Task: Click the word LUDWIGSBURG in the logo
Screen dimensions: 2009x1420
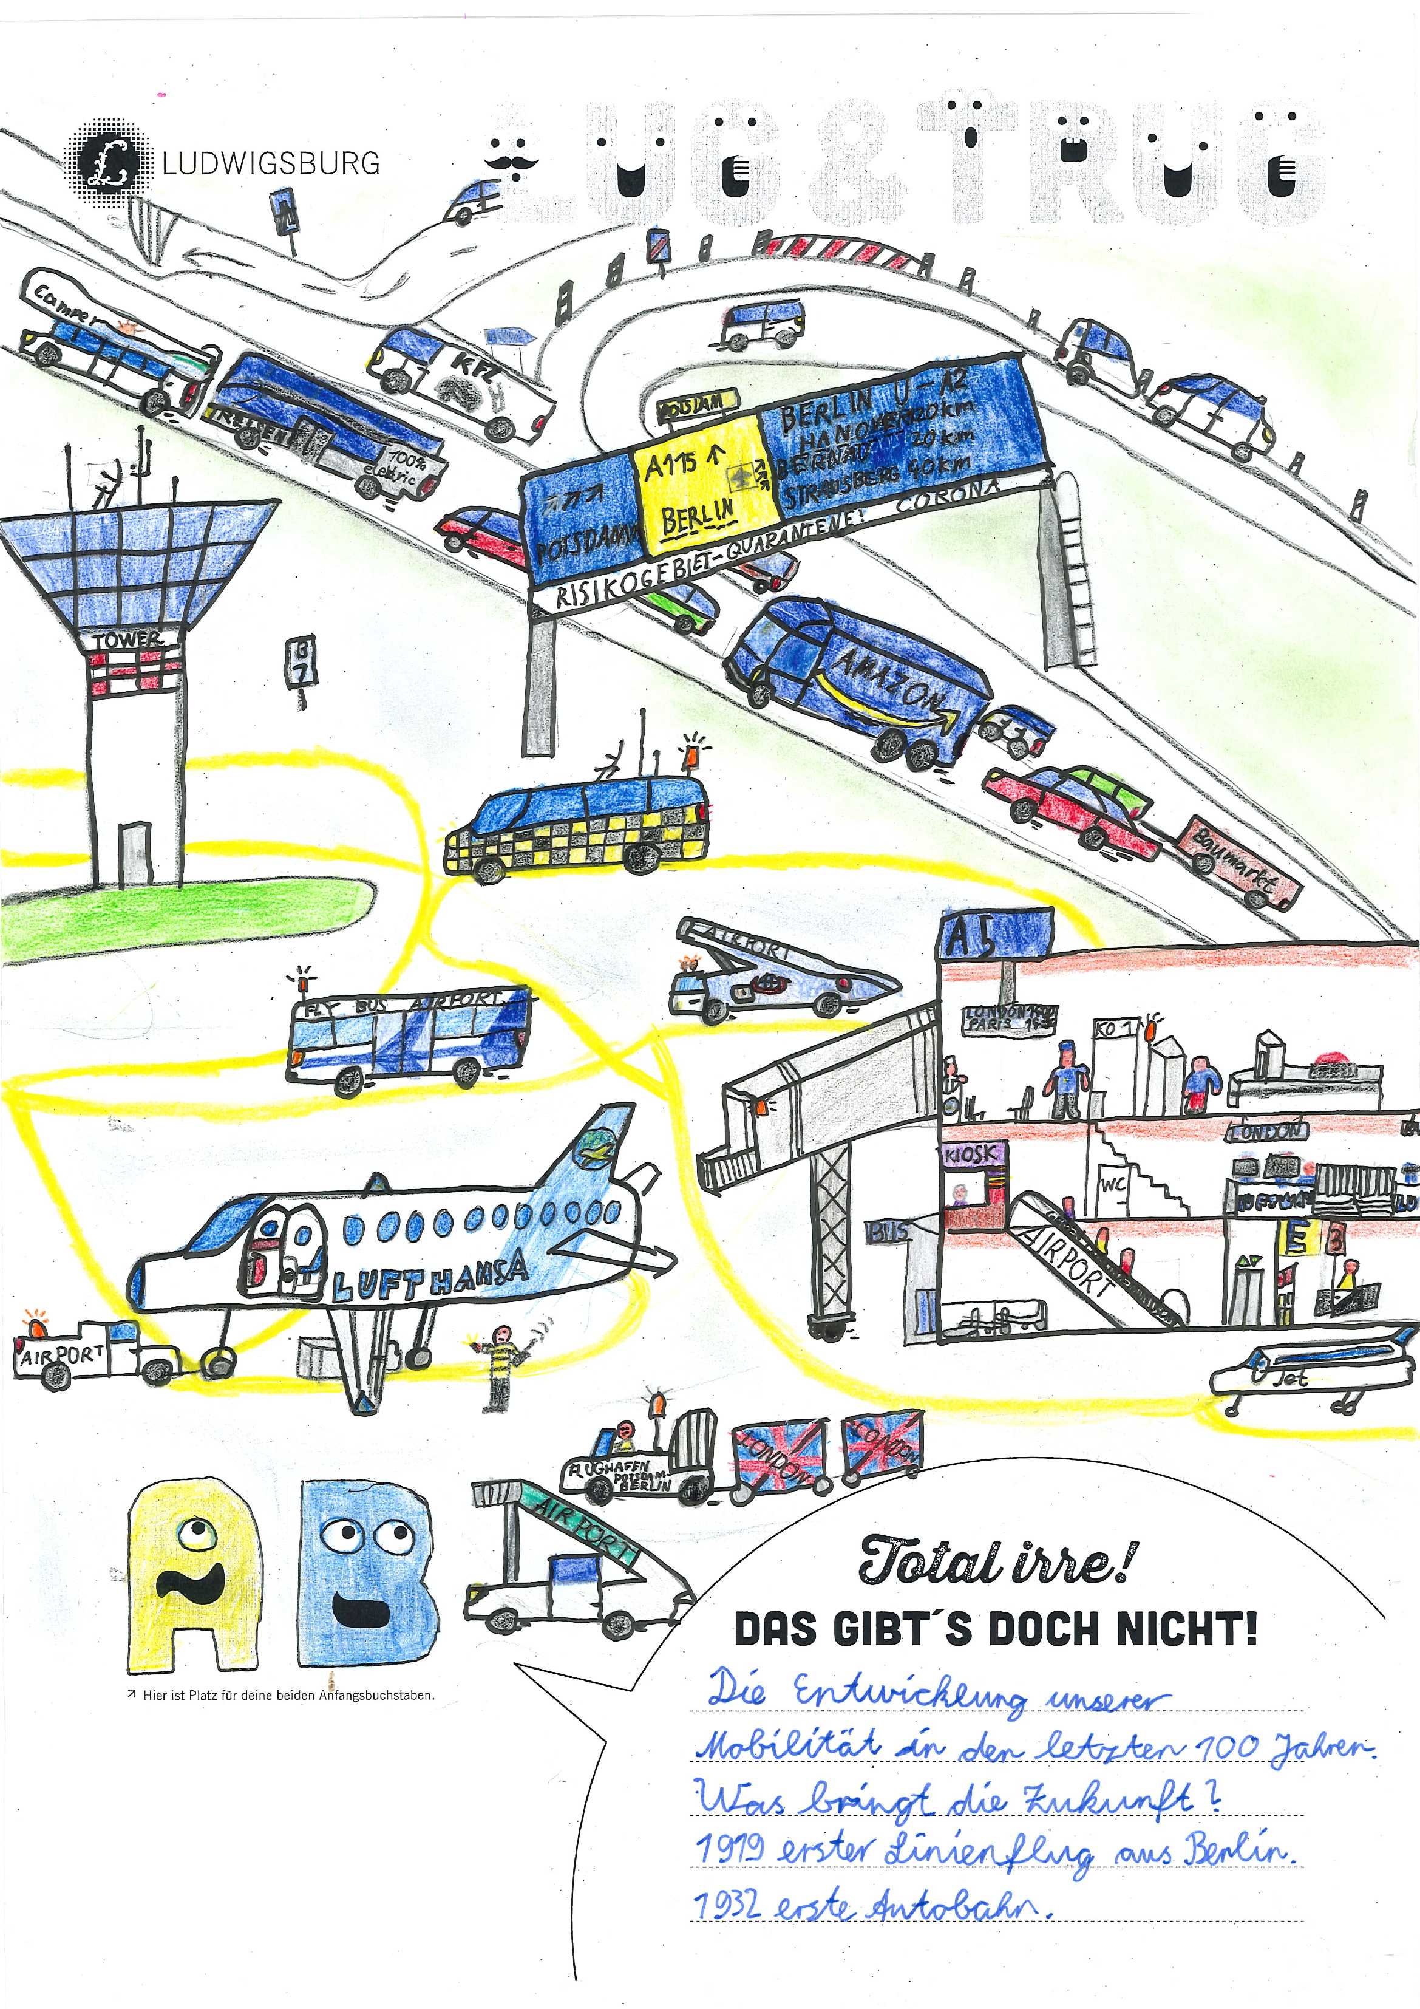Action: [271, 163]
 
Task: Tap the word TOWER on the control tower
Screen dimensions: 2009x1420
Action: [129, 641]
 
